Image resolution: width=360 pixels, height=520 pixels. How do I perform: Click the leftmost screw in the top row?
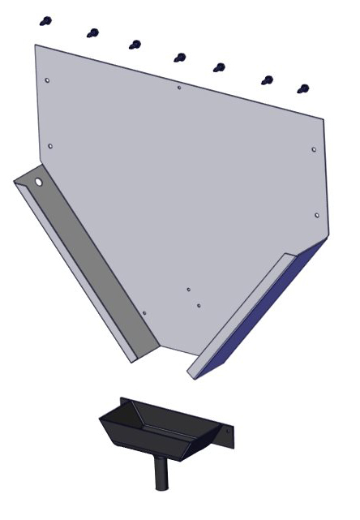pos(47,20)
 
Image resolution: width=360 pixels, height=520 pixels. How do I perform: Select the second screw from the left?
pos(93,33)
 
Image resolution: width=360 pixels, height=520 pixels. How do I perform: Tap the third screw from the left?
pos(135,44)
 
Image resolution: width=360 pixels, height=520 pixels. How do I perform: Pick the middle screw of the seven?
pos(180,58)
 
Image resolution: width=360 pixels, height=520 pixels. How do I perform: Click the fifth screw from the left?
pos(219,67)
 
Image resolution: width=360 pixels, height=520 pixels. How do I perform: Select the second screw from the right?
pos(267,80)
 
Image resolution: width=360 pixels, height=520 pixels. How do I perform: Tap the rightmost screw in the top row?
pos(303,88)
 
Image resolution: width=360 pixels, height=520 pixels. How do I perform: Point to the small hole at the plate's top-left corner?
pos(48,81)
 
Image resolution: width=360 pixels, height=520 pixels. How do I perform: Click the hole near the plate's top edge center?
pos(178,87)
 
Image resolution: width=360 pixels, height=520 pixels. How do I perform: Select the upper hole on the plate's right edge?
pos(314,149)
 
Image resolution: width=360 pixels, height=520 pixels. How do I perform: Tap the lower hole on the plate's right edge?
pos(316,216)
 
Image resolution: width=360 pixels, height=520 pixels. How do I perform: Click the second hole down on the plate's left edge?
pos(50,146)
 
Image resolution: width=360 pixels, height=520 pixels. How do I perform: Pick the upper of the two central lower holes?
pos(189,289)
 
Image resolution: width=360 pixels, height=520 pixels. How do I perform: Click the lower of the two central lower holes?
pos(199,306)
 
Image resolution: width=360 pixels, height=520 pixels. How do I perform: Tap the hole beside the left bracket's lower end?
pos(144,313)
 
